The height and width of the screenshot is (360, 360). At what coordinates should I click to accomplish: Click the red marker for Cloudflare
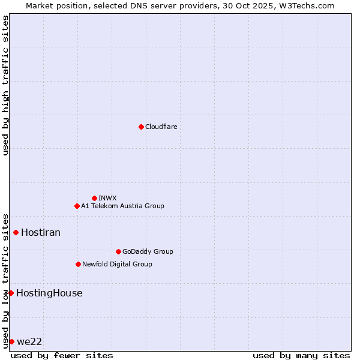(141, 127)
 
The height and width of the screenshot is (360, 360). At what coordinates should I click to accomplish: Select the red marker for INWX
(94, 198)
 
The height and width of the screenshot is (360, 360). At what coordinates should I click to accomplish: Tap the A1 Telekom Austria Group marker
(77, 206)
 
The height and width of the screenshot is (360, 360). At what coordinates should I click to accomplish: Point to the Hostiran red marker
(16, 232)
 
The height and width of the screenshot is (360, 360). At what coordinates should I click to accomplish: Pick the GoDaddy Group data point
(118, 251)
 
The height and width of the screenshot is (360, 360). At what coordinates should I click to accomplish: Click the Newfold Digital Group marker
(78, 264)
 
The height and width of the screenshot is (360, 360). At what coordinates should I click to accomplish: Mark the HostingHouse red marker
(11, 293)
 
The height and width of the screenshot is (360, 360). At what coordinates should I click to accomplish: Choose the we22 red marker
(11, 341)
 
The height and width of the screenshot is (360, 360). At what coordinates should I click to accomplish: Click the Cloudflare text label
(161, 127)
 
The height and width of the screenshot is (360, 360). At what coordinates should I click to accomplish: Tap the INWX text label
(107, 198)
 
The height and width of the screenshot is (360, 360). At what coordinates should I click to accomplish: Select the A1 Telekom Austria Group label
(122, 206)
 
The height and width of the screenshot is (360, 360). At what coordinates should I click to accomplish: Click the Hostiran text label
(41, 232)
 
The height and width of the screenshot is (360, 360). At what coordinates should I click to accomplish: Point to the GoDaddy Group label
(148, 251)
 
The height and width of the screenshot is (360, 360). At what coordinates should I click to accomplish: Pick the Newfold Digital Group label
(117, 264)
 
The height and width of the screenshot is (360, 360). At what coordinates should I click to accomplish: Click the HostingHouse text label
(49, 293)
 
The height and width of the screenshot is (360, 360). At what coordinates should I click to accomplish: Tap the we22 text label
(29, 341)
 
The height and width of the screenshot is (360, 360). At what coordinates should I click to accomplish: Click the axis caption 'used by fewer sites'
(62, 355)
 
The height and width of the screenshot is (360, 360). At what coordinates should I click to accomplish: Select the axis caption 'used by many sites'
(301, 355)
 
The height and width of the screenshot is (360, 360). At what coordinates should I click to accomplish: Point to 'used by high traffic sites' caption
(5, 85)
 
